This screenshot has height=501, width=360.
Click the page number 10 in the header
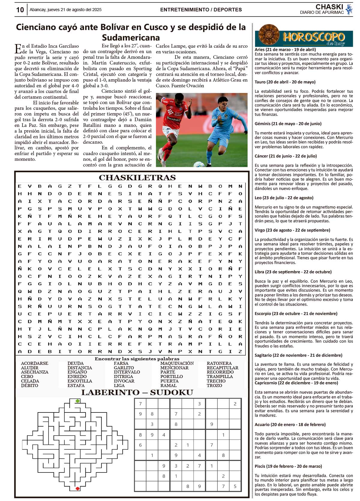point(20,10)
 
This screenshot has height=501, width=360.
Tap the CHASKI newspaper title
point(329,7)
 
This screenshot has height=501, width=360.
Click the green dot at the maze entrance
point(78,401)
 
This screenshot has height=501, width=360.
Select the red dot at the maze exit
point(78,488)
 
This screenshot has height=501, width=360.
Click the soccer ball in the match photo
point(199,164)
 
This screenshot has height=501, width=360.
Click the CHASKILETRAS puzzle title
point(137,178)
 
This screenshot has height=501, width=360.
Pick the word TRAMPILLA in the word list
point(220,376)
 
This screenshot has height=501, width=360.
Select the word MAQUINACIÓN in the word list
point(177,363)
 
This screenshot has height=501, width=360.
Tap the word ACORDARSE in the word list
point(34,363)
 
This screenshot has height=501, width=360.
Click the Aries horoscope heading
point(285,49)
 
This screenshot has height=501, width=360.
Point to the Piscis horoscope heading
point(288,466)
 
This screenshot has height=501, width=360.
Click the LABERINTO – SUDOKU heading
point(137,392)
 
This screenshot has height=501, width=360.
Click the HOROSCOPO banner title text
point(314,37)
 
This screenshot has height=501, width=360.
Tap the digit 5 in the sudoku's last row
point(235,486)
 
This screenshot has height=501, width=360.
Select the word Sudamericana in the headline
point(131,37)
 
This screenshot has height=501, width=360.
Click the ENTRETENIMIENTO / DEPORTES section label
point(201,10)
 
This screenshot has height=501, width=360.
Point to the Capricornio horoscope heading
point(296,383)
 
